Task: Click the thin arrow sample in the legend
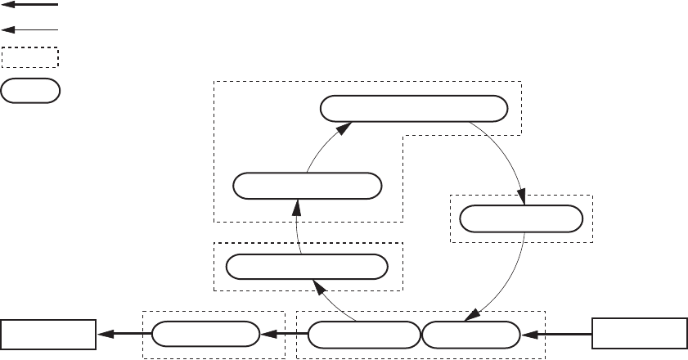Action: point(31,29)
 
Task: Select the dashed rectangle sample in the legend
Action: point(30,57)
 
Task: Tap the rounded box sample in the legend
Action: point(30,90)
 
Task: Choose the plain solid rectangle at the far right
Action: point(639,334)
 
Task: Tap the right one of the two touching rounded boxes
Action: point(471,334)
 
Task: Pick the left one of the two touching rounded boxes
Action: point(364,334)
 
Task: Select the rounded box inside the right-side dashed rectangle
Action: point(521,218)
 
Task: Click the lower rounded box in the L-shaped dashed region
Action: point(308,186)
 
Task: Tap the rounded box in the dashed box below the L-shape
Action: point(307,267)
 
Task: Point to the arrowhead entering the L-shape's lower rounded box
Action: point(295,205)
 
